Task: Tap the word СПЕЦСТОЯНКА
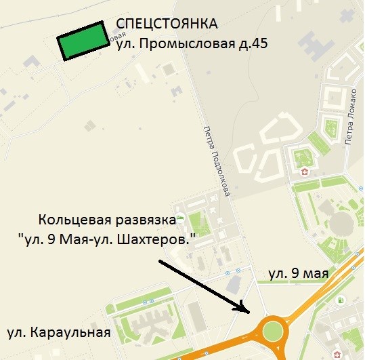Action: click(167, 25)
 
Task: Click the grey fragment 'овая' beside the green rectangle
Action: click(117, 35)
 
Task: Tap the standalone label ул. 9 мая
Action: click(298, 274)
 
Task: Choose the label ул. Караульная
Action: click(58, 332)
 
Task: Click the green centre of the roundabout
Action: click(274, 332)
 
